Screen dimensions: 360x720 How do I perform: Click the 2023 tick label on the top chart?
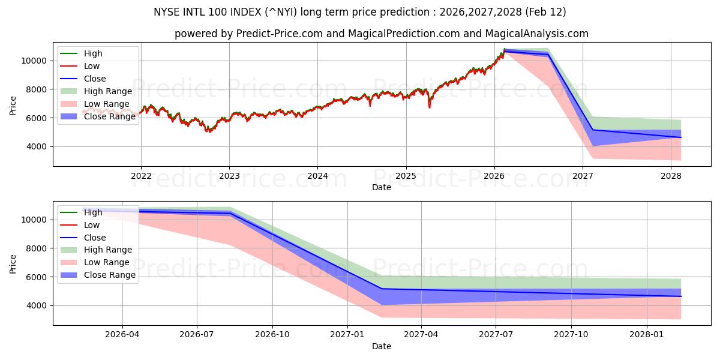tap(229, 176)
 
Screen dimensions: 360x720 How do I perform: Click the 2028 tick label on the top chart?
tap(671, 176)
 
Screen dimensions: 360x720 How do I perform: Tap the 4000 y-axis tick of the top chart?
tap(38, 146)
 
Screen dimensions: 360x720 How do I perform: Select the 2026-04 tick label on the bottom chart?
tap(122, 335)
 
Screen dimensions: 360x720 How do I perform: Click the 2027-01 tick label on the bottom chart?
tap(347, 335)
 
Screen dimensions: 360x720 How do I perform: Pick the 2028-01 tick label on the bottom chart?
tap(647, 335)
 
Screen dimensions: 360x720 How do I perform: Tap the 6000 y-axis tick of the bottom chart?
tap(38, 277)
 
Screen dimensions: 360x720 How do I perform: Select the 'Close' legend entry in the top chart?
tap(95, 79)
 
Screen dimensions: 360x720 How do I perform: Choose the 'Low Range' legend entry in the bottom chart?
tap(106, 262)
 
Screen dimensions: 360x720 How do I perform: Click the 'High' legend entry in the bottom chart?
tap(93, 212)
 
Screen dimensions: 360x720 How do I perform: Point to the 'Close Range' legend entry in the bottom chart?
tap(109, 275)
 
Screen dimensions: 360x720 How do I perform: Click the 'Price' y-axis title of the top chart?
tap(13, 106)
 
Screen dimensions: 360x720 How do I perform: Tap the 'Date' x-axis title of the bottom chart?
tap(382, 346)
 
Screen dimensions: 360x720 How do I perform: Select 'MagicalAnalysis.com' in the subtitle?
tap(539, 34)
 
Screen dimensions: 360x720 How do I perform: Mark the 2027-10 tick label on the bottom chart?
tap(571, 335)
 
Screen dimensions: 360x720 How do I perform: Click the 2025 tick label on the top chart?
tap(406, 176)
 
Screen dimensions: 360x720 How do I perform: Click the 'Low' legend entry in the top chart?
tap(92, 66)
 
